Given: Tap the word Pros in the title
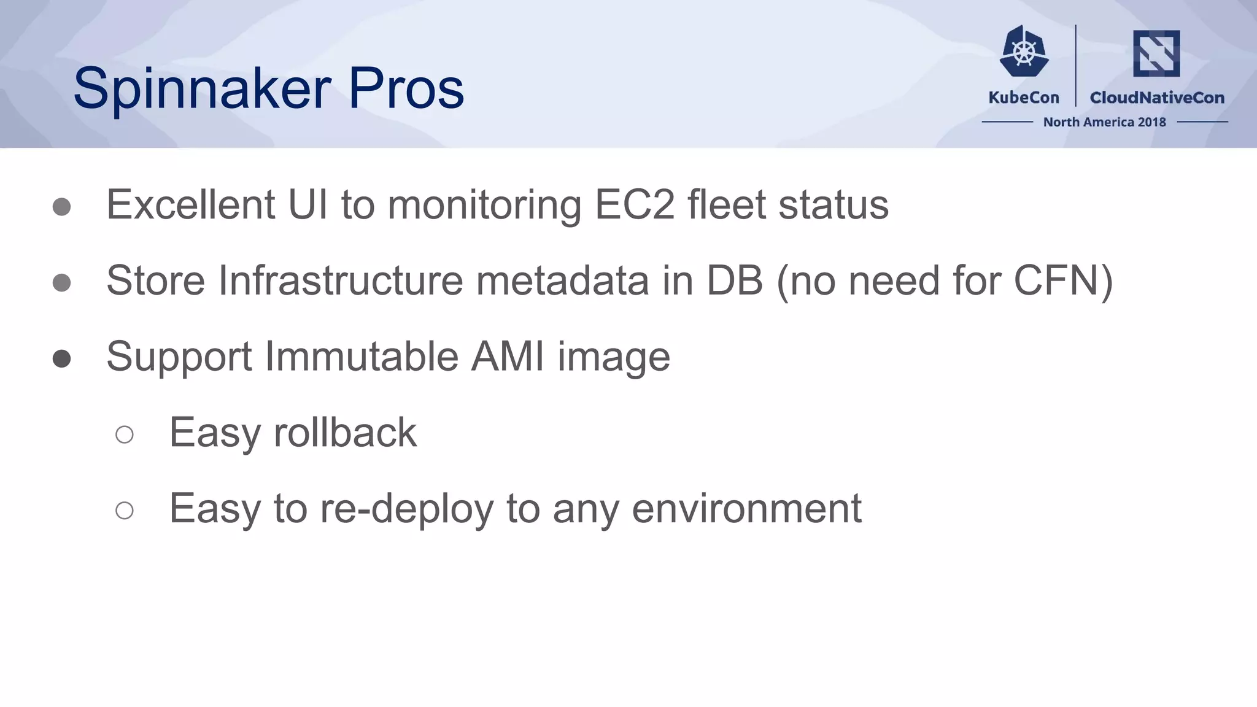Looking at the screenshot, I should click(406, 89).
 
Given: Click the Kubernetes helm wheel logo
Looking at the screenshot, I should click(1024, 52).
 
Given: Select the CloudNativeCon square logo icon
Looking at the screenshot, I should click(1156, 53).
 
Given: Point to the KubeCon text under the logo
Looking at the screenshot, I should click(1024, 98).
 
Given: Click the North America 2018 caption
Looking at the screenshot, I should click(1104, 122).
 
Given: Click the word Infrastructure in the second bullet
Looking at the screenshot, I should click(340, 280).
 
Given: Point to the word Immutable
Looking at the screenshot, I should click(362, 357).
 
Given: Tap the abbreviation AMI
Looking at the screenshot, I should click(508, 357).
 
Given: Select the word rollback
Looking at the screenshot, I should click(345, 433).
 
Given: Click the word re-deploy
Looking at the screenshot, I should click(406, 509).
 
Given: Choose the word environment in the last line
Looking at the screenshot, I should click(746, 509).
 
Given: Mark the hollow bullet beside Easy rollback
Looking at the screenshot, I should click(125, 435).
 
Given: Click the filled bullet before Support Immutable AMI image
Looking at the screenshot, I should click(61, 358).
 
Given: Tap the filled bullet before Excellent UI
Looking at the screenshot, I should click(61, 207).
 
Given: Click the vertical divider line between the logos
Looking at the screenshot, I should click(1076, 66).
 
